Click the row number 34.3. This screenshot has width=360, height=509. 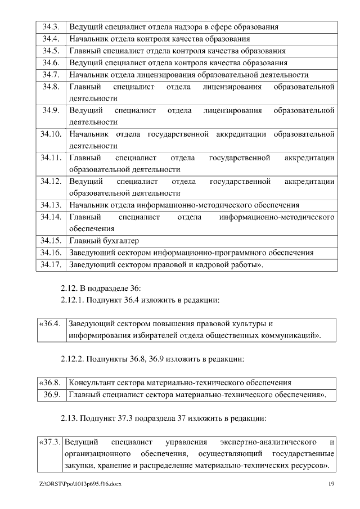pos(51,27)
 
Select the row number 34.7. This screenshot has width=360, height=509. pos(51,74)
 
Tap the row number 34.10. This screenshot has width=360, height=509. pos(51,134)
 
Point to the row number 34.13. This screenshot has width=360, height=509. pos(51,205)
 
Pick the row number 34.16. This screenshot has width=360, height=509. pos(51,253)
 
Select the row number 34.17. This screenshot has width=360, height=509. pos(51,264)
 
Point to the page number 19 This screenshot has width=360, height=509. pos(331,484)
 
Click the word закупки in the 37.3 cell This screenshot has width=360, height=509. pos(79,466)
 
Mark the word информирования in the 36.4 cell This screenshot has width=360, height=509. pos(98,336)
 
